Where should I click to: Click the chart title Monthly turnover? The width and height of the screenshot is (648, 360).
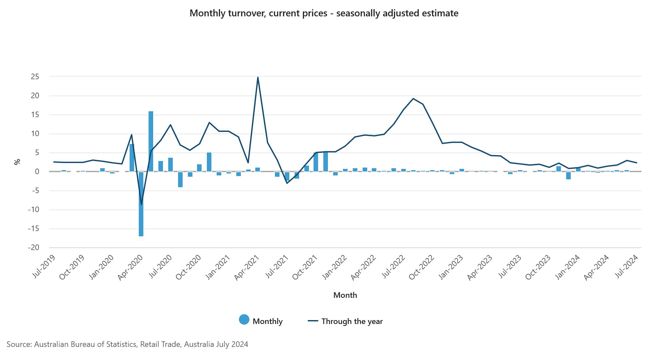(x=324, y=13)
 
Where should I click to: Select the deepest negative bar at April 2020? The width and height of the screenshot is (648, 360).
(x=141, y=204)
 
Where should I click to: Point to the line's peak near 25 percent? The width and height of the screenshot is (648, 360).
(x=258, y=78)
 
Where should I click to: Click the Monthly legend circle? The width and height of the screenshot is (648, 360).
(x=244, y=320)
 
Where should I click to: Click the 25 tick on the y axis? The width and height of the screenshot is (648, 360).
(x=35, y=77)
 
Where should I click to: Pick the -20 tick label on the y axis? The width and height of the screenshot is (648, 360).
(x=33, y=248)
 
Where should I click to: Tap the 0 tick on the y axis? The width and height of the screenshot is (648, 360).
(x=37, y=172)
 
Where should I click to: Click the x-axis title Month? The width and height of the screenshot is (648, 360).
(x=345, y=295)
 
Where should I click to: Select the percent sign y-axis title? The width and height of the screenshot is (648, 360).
(x=17, y=162)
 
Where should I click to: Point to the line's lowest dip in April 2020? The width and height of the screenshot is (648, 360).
(x=141, y=205)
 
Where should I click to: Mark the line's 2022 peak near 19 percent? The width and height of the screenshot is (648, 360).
(x=413, y=99)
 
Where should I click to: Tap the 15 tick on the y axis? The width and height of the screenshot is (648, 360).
(x=35, y=115)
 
